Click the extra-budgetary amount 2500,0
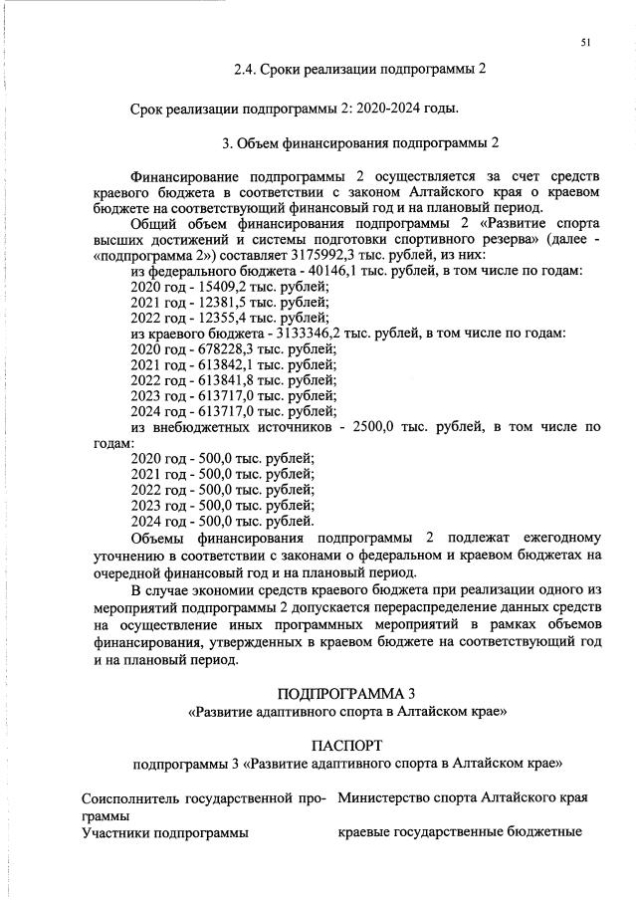[x=374, y=427]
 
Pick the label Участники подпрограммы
[x=165, y=832]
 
